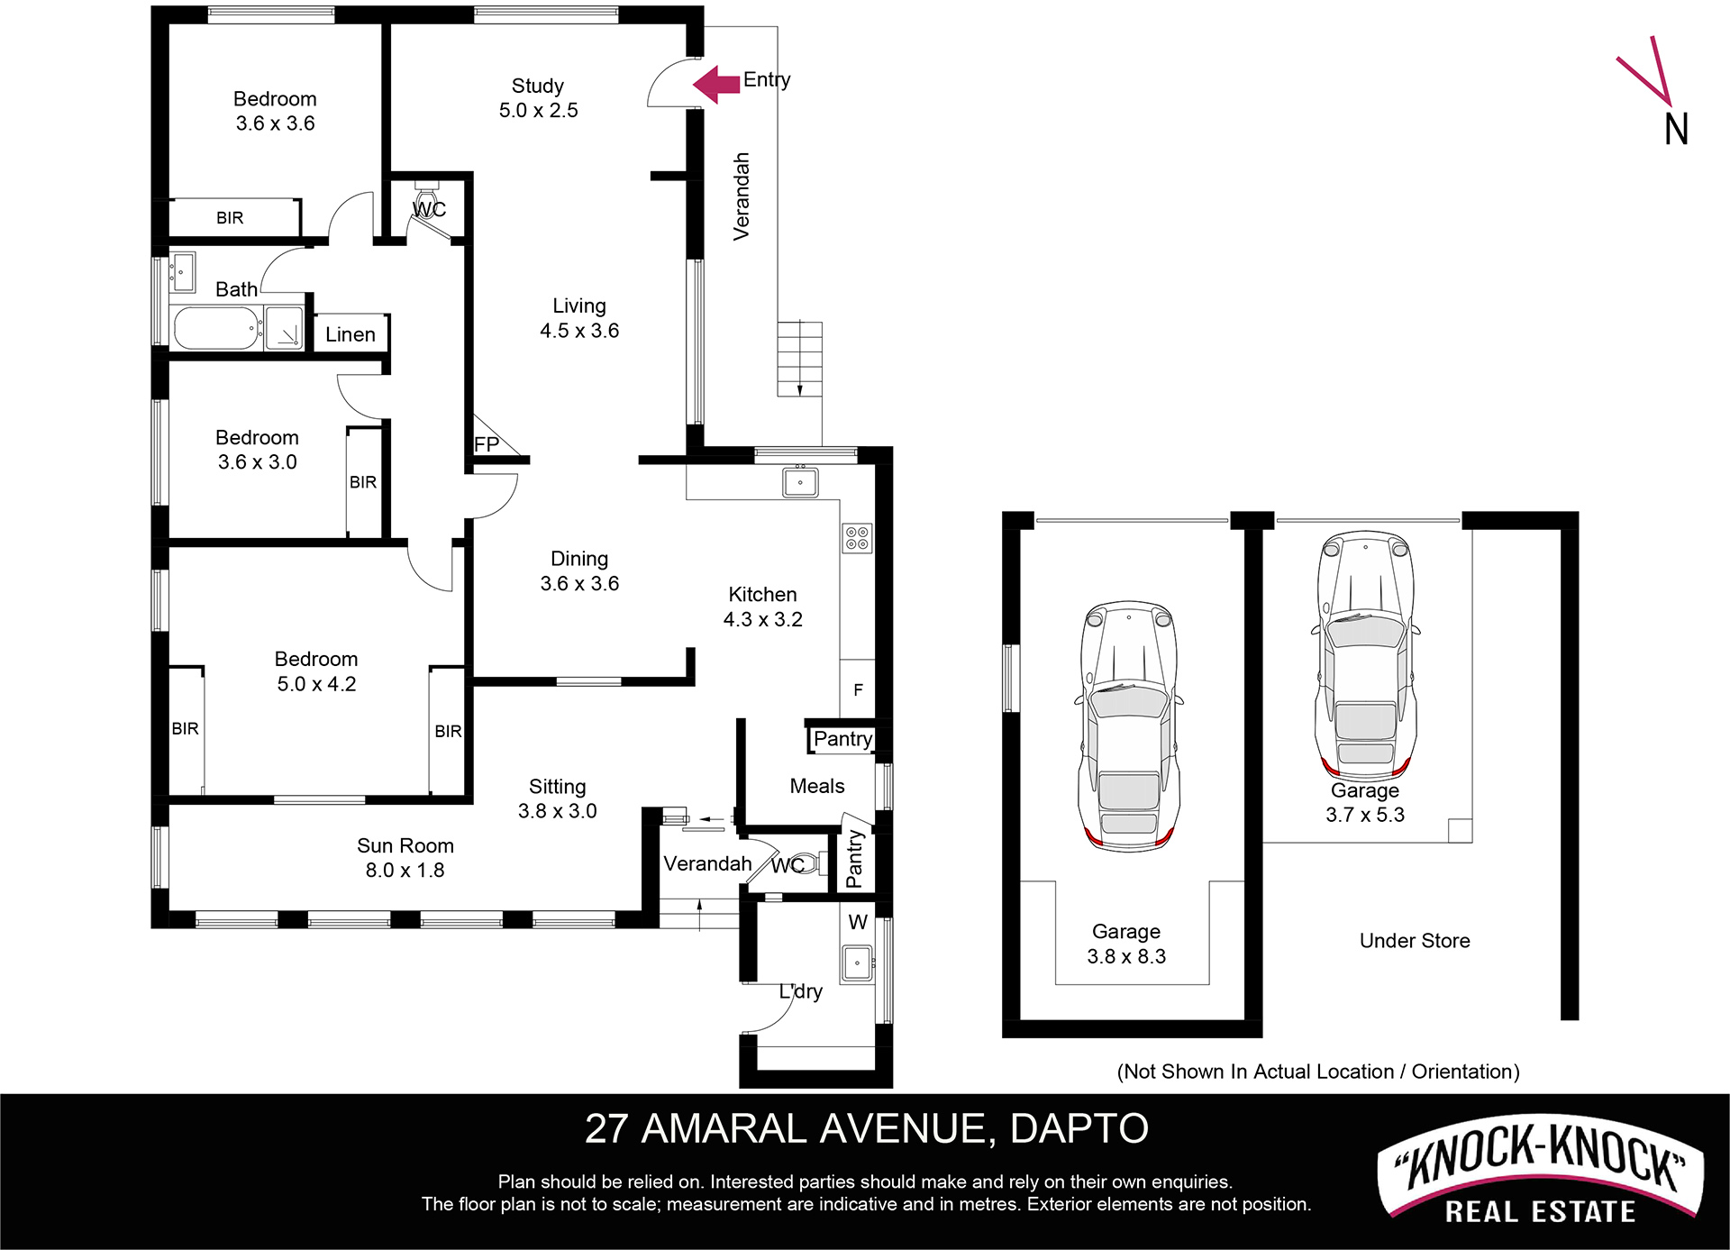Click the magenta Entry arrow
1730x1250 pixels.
(716, 84)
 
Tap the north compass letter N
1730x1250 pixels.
(1676, 130)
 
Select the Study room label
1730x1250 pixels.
(538, 86)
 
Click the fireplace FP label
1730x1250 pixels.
(486, 443)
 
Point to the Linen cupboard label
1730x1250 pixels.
(351, 334)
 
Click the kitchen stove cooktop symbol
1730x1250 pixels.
(857, 538)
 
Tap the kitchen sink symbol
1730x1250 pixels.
(800, 481)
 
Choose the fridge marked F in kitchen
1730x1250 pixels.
(858, 689)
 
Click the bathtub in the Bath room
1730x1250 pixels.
(215, 328)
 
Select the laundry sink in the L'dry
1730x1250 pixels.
(857, 963)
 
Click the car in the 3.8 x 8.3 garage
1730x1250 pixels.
(1128, 725)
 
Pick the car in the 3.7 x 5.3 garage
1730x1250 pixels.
(1365, 655)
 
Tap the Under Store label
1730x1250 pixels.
(1415, 941)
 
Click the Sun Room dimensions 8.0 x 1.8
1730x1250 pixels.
(405, 871)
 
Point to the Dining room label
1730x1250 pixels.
(579, 559)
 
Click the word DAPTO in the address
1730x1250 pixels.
(1079, 1129)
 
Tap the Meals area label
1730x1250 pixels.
(817, 786)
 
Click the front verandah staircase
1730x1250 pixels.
(800, 359)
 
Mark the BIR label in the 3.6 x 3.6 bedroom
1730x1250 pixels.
(230, 218)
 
